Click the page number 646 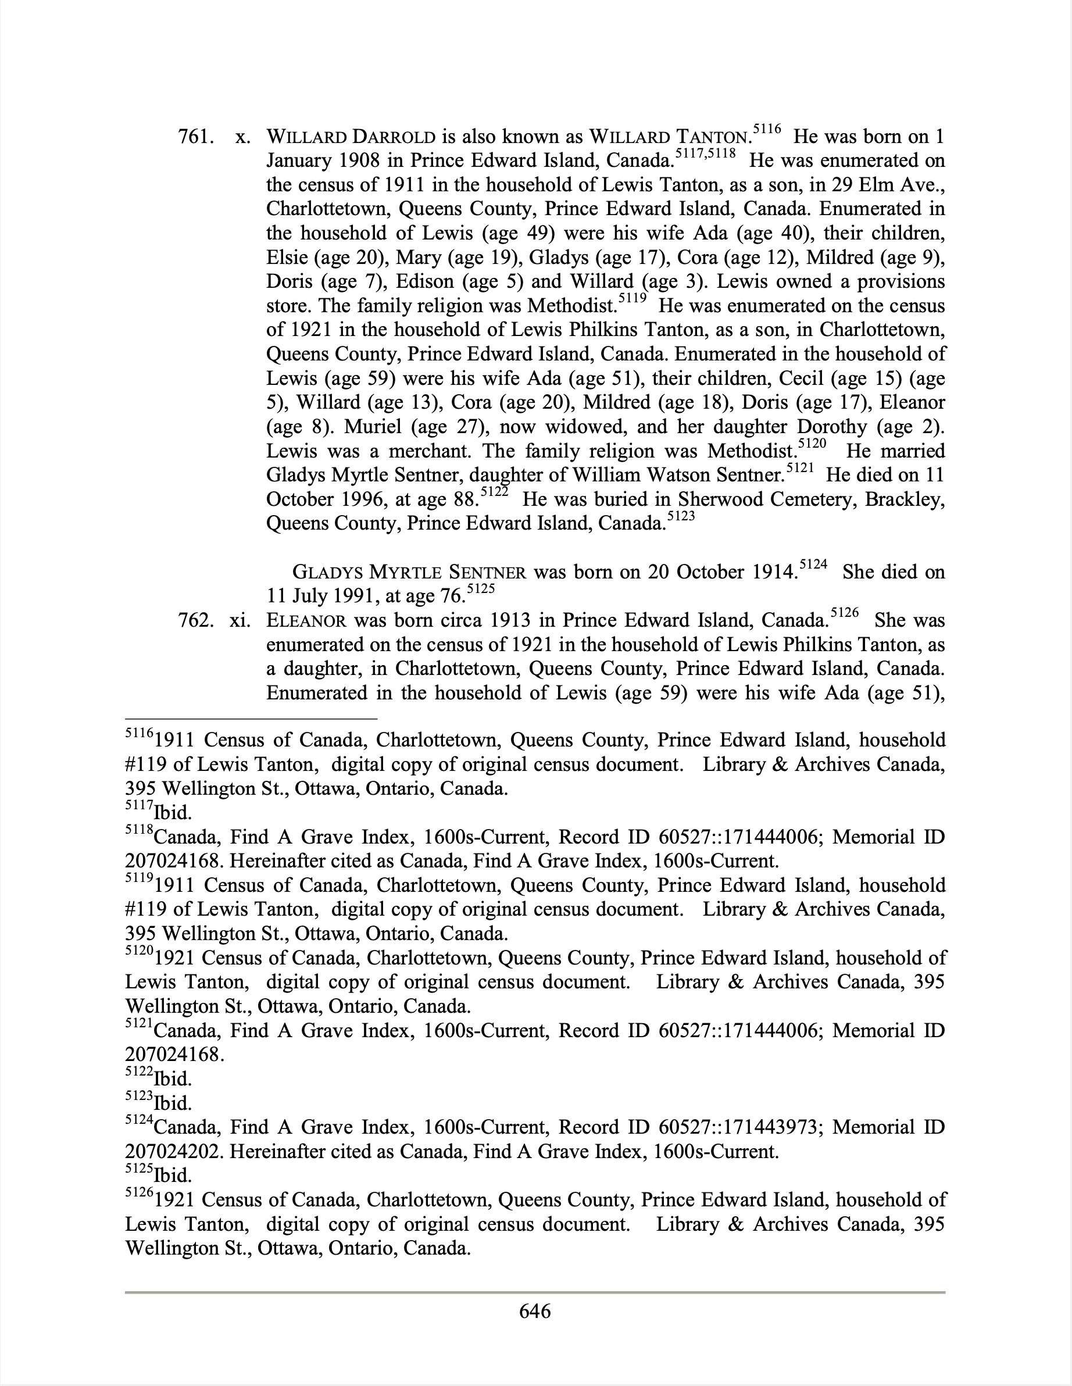[x=535, y=1310]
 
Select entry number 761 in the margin [x=195, y=137]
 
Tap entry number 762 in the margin [x=195, y=620]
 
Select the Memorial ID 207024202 [x=173, y=1152]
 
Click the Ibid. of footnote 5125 [x=172, y=1176]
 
